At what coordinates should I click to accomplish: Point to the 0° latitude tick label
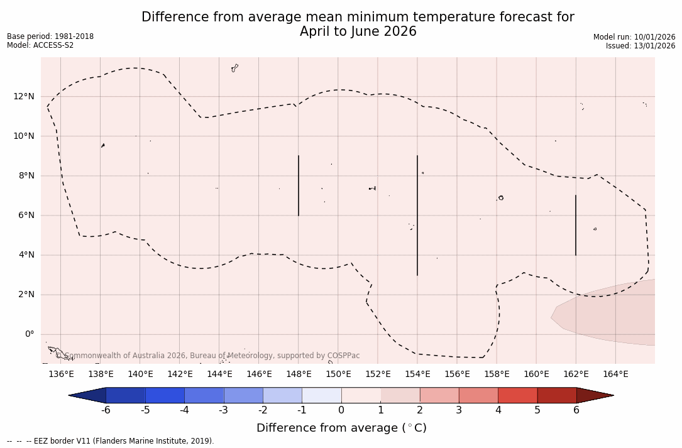[29, 334]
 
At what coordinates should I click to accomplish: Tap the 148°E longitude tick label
[299, 374]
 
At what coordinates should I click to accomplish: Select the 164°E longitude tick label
[615, 374]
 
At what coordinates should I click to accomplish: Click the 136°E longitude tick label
[61, 374]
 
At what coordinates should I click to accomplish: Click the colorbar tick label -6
[106, 410]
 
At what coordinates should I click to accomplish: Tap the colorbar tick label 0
[341, 410]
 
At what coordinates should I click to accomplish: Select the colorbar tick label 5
[537, 410]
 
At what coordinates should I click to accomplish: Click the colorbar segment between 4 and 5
[517, 395]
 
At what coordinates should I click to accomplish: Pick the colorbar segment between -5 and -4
[165, 395]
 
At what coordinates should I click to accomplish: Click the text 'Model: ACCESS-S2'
[40, 45]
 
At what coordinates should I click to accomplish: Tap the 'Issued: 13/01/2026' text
[641, 46]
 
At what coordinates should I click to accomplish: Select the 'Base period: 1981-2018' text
[50, 36]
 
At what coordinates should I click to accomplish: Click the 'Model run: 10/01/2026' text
[634, 37]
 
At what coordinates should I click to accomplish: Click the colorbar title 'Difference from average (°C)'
[341, 428]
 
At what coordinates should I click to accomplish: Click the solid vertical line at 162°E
[576, 225]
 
